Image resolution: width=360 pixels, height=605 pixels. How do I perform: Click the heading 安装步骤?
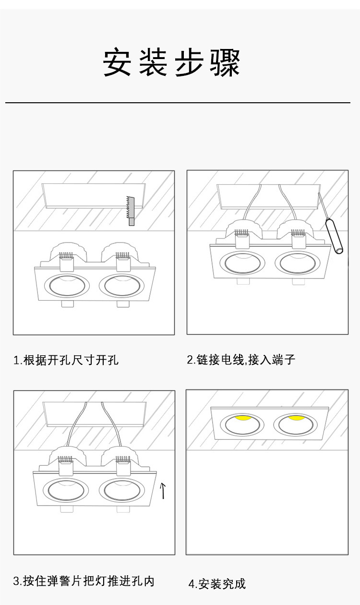pyautogui.click(x=171, y=63)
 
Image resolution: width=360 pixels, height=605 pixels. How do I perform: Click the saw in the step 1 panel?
pyautogui.click(x=131, y=210)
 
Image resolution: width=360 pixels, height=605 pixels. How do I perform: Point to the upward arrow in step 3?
pyautogui.click(x=163, y=490)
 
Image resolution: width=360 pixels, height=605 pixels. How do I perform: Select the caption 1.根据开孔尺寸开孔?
pyautogui.click(x=66, y=360)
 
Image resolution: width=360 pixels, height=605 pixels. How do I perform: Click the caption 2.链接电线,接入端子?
pyautogui.click(x=241, y=359)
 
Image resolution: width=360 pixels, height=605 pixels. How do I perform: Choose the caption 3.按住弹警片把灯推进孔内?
pyautogui.click(x=84, y=581)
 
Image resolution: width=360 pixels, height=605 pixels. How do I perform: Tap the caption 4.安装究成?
pyautogui.click(x=216, y=584)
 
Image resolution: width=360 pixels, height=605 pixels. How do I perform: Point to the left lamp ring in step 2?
pyautogui.click(x=242, y=263)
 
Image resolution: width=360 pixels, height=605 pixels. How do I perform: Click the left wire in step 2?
pyautogui.click(x=250, y=204)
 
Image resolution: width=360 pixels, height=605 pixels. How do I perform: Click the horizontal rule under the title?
pyautogui.click(x=178, y=103)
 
